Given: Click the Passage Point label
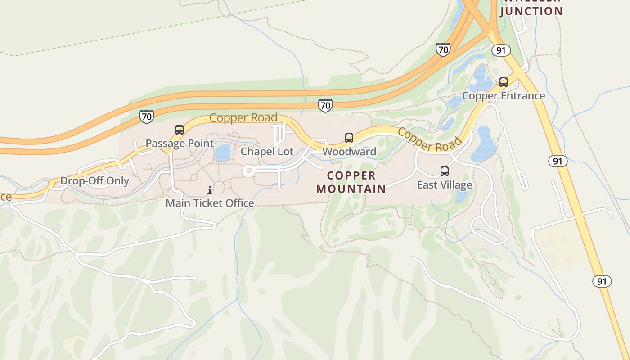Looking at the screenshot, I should point(180,144).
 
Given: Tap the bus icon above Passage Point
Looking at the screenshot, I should point(180,130).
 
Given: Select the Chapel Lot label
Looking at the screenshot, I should point(267,152).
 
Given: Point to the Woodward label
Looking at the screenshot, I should point(349,152).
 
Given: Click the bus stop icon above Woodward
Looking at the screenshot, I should point(349,138).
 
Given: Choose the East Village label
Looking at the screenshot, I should point(444,185).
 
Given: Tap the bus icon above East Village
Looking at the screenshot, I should point(445,171).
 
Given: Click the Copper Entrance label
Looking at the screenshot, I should point(504,96).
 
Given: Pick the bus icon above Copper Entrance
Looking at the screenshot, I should point(504,82).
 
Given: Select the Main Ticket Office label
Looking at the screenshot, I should point(210,203).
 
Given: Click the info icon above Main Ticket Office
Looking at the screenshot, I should point(210,190).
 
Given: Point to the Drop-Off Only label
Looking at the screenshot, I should point(94,181).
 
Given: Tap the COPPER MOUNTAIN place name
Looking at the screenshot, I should point(351,182).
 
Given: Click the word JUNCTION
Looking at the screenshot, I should point(531,11).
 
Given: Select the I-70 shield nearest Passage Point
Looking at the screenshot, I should point(146,117).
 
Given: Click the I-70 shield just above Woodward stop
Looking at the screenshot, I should point(325,105).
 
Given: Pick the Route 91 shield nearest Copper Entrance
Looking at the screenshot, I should point(501,50).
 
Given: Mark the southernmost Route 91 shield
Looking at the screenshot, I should point(602,282).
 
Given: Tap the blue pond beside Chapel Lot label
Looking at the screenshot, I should point(222,153).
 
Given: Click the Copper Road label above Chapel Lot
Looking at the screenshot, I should point(243,118).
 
